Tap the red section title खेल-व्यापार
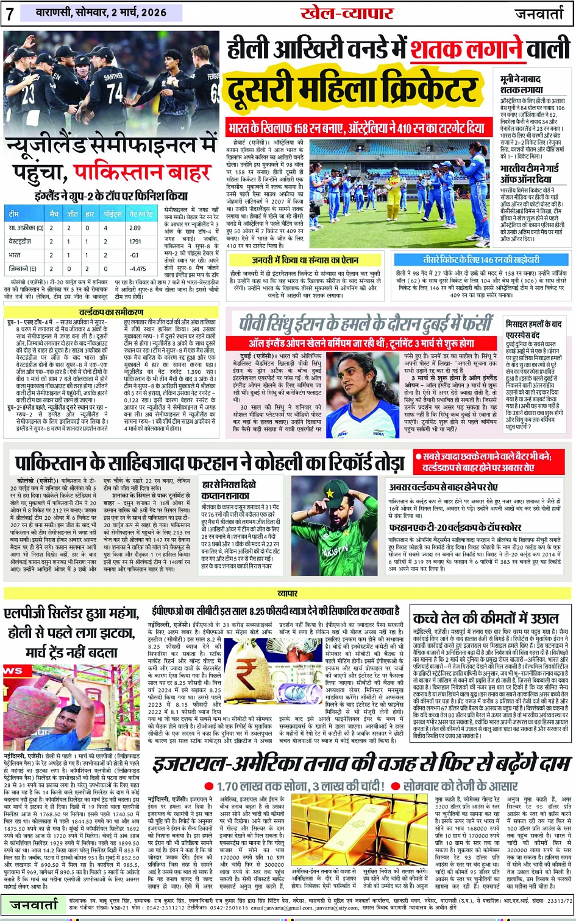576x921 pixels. tap(346, 13)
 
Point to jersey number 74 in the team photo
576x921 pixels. tap(115, 92)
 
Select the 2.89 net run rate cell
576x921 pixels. tap(135, 228)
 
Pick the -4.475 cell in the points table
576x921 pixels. tap(138, 268)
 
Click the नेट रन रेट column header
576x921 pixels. tap(141, 214)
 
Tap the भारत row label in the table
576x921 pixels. tap(15, 255)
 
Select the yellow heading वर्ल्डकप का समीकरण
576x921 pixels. tap(110, 312)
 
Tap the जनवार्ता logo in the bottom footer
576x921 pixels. tap(34, 905)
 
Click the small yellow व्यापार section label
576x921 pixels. tap(288, 593)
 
